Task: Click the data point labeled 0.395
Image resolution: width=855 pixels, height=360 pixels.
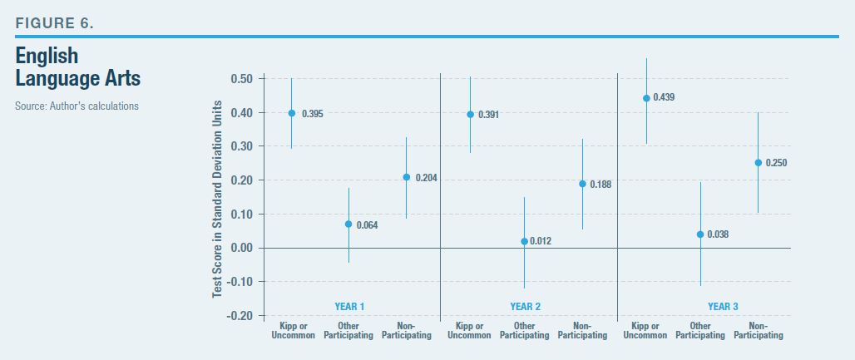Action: tap(291, 113)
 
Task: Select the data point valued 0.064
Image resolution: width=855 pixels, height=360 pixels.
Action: tap(348, 224)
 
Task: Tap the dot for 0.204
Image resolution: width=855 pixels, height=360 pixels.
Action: tap(407, 177)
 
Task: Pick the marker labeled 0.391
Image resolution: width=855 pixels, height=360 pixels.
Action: tap(470, 115)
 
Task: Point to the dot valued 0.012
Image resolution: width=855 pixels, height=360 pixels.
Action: tap(524, 241)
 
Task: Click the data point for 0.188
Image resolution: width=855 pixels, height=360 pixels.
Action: tap(582, 184)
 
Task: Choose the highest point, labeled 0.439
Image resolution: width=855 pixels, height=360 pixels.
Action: tap(645, 98)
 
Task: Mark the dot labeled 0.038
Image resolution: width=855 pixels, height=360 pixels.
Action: tap(700, 234)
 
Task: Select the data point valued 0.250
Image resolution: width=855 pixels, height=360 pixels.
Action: tap(758, 163)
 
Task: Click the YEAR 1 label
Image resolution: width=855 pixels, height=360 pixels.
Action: tap(349, 307)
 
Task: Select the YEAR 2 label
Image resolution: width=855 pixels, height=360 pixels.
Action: tap(525, 307)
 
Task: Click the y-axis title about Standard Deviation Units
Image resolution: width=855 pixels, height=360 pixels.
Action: tap(217, 199)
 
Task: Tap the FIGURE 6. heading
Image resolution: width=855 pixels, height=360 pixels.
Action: tap(55, 22)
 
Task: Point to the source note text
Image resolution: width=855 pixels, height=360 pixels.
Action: tap(76, 106)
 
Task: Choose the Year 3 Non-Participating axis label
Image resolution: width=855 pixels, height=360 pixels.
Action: tap(758, 330)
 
